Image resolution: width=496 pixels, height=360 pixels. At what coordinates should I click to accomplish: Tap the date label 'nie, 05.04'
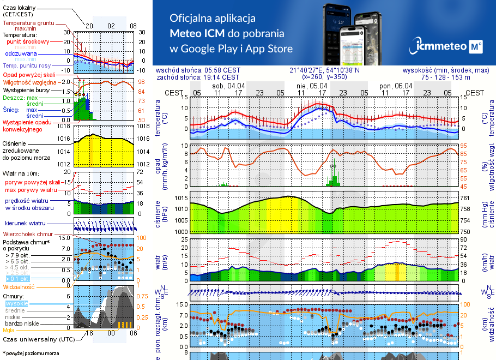click(312, 86)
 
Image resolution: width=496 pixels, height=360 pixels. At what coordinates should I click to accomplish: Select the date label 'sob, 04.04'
click(228, 86)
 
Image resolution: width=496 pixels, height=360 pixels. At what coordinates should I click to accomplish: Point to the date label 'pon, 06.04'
click(396, 86)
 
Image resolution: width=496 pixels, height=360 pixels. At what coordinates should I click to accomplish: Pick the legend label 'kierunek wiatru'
click(26, 224)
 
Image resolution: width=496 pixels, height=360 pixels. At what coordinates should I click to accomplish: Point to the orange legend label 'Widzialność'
click(19, 286)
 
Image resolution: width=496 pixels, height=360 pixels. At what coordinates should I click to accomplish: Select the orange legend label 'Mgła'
click(9, 330)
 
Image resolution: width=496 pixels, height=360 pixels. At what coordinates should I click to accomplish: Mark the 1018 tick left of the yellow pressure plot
click(64, 126)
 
